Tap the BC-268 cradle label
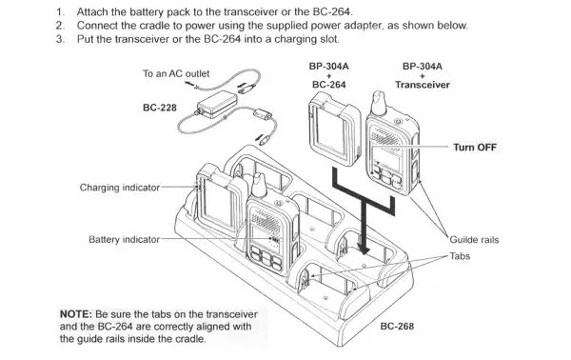[x=399, y=326]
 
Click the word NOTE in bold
[x=75, y=313]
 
